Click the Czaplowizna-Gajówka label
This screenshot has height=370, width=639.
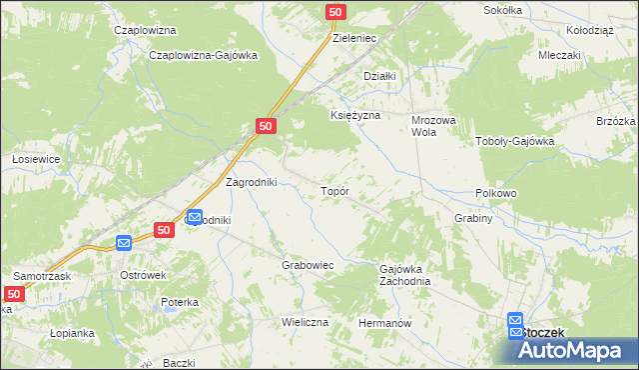[203, 56]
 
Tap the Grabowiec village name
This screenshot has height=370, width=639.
[307, 266]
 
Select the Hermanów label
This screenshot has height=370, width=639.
[385, 324]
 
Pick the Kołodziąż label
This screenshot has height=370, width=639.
[588, 30]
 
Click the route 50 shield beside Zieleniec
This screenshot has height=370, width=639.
[336, 11]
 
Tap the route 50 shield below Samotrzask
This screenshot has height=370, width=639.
[13, 294]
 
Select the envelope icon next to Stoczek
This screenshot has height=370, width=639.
[515, 320]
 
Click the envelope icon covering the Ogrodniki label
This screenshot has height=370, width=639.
[195, 216]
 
